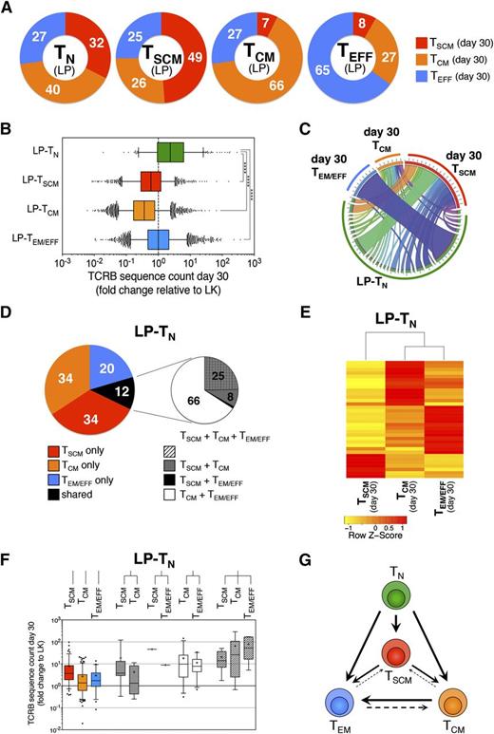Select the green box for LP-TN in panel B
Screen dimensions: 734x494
tap(171, 153)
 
